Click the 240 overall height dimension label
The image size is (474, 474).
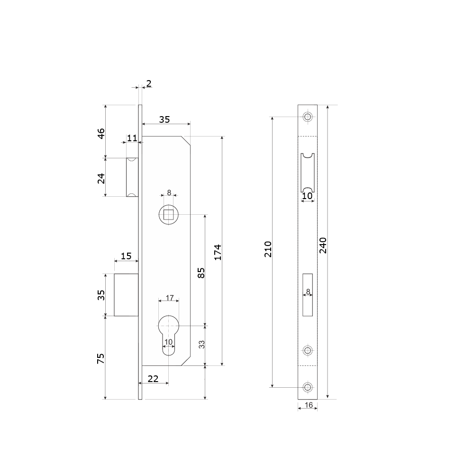(323, 245)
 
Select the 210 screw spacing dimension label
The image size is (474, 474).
(268, 249)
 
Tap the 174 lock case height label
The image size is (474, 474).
(218, 252)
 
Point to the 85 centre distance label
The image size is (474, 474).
(201, 273)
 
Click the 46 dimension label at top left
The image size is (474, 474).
(101, 133)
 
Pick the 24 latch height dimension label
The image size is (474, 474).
(101, 178)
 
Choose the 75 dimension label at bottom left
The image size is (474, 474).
(100, 358)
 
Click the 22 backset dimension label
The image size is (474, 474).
(153, 379)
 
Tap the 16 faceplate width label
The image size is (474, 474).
(309, 405)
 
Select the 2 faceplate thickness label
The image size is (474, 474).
(149, 83)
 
